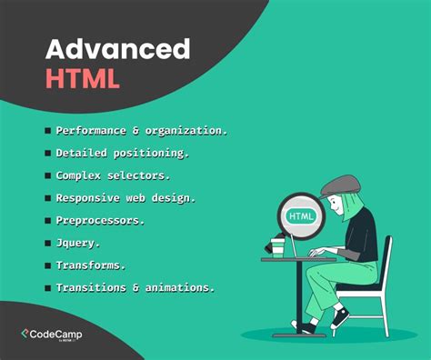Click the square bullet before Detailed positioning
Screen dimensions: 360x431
pyautogui.click(x=47, y=153)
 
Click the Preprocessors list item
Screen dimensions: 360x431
pyautogui.click(x=101, y=219)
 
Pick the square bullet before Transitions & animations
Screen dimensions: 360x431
pyautogui.click(x=47, y=287)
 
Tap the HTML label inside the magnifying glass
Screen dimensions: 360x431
pyautogui.click(x=300, y=217)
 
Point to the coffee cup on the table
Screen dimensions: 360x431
pyautogui.click(x=278, y=246)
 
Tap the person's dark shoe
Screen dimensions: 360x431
pyautogui.click(x=340, y=317)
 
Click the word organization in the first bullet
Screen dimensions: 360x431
pyautogui.click(x=186, y=130)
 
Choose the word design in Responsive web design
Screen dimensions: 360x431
pyautogui.click(x=175, y=196)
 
